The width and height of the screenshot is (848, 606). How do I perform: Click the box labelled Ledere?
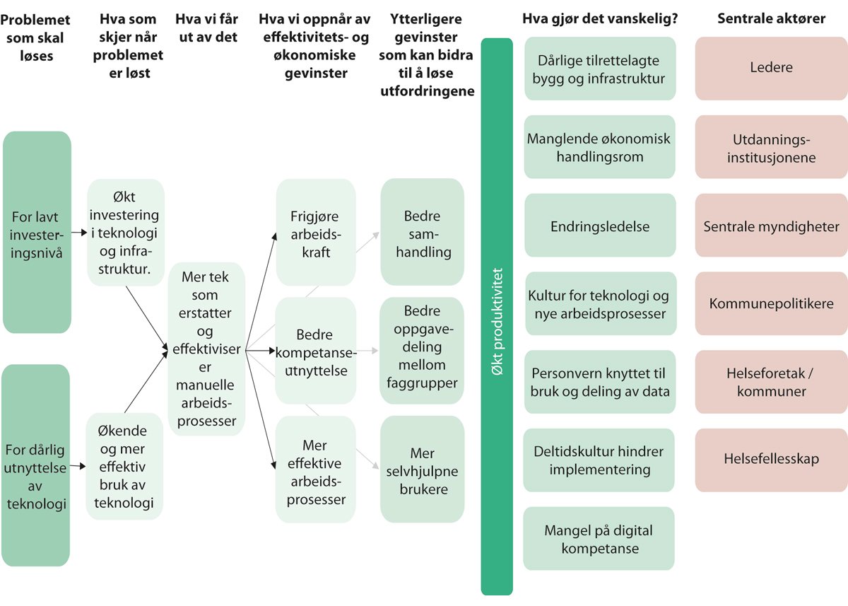click(x=771, y=68)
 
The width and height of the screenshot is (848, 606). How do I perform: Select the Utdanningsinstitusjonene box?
click(x=771, y=147)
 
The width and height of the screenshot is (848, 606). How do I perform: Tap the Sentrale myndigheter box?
click(x=771, y=226)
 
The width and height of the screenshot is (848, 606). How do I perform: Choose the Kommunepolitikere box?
click(x=771, y=304)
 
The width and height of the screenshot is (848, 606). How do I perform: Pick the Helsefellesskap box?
click(x=771, y=459)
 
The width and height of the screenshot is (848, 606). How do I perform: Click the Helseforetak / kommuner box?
click(x=771, y=382)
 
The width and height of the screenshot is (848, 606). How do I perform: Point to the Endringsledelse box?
click(x=600, y=226)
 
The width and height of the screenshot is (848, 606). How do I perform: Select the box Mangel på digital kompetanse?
click(x=599, y=539)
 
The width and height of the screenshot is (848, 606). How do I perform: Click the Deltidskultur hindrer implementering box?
click(x=599, y=460)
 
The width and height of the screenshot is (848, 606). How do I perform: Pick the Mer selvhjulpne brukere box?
click(x=422, y=470)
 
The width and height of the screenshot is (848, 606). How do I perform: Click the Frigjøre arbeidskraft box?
click(x=315, y=233)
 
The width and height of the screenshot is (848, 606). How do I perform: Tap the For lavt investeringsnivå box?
click(x=37, y=233)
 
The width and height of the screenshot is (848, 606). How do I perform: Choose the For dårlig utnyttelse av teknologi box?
click(x=36, y=466)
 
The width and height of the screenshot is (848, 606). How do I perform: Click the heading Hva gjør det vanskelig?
click(x=600, y=19)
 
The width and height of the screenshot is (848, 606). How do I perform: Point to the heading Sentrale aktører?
click(x=771, y=19)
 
